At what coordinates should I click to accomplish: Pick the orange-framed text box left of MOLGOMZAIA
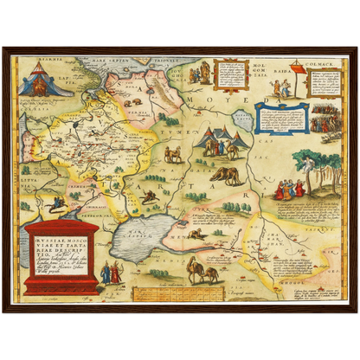pos(229,73)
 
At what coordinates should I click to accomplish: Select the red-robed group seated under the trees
pos(289,187)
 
